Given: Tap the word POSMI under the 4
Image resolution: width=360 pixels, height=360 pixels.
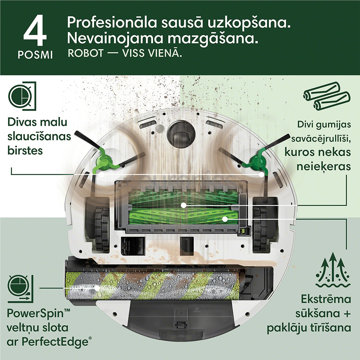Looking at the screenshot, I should point(35,55).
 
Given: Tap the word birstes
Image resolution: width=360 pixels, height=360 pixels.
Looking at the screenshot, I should point(25,150).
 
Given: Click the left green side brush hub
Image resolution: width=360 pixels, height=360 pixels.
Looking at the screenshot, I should point(103,162).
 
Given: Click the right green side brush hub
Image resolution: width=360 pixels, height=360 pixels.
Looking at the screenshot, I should point(257,162).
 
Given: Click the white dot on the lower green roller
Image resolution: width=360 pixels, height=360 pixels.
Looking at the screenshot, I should point(225,219).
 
